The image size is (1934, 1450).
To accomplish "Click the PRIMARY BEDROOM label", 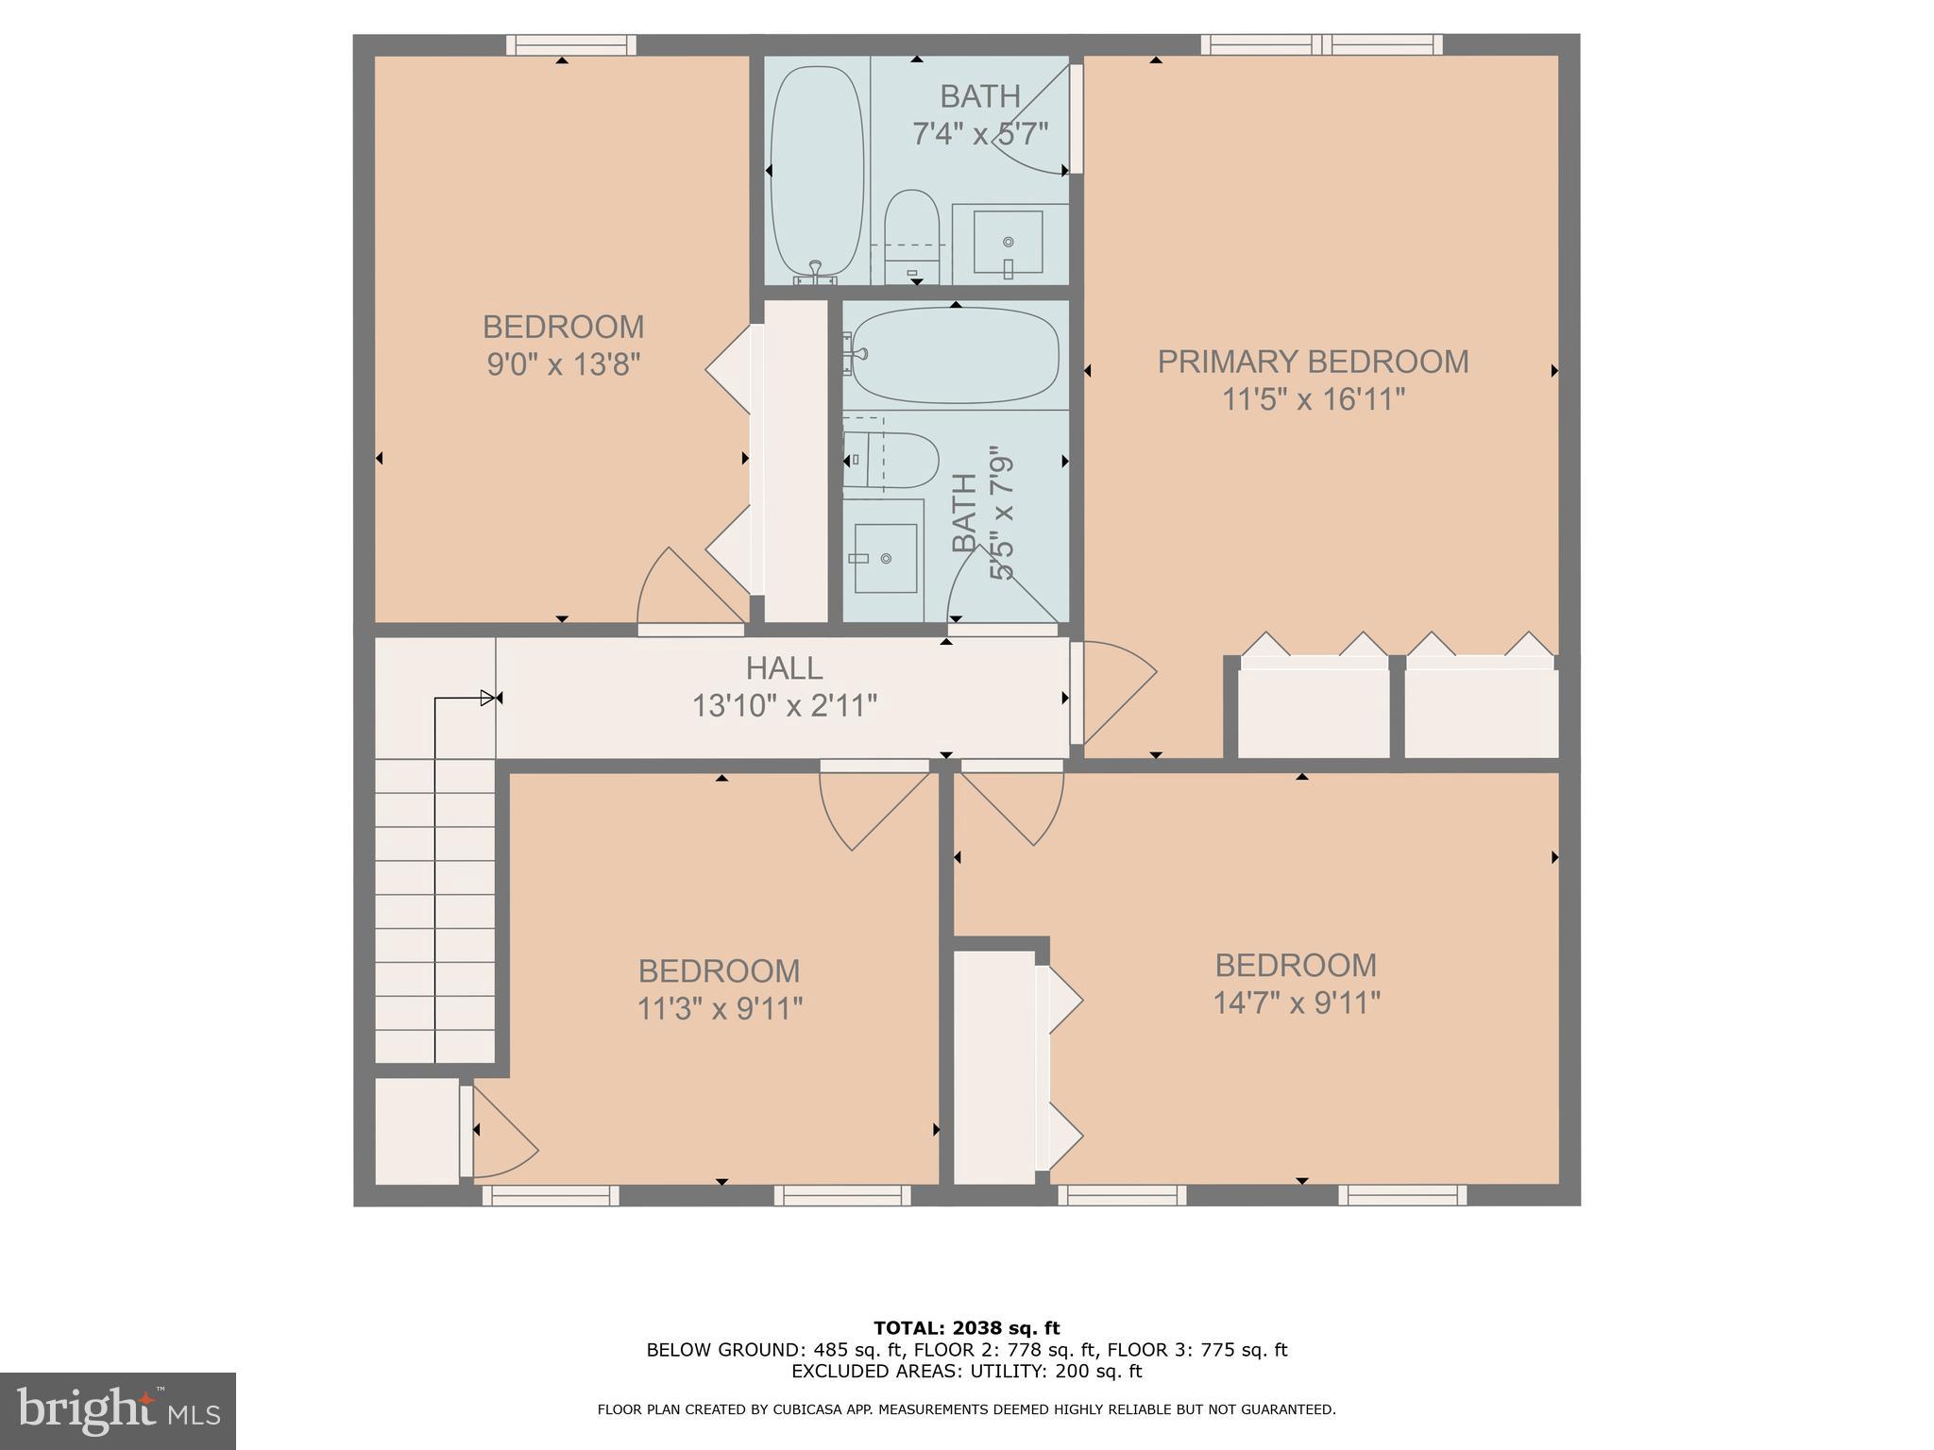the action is point(1313,362).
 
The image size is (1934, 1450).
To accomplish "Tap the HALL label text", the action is point(784,668).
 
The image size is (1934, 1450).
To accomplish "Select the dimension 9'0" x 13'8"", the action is point(564,364).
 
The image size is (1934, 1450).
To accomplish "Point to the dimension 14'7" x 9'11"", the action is point(1297,1003).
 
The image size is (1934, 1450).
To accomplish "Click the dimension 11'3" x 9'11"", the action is point(720,1009).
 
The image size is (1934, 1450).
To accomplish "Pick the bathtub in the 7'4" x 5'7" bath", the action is point(817,175).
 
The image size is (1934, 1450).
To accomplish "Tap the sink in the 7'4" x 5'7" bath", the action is point(1009,243).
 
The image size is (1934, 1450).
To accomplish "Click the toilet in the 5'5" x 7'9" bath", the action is point(890,461).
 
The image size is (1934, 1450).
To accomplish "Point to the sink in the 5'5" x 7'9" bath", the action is point(885,558).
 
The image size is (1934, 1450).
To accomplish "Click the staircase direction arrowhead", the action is point(488,699).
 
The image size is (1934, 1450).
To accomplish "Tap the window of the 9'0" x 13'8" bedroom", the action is point(570,44).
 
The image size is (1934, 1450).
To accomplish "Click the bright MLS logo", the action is point(118,1411).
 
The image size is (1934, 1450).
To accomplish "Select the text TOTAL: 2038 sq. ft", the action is point(966,1328).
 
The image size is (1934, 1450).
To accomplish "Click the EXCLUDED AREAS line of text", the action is point(966,1371).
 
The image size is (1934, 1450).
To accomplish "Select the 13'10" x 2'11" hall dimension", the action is point(785,705).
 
